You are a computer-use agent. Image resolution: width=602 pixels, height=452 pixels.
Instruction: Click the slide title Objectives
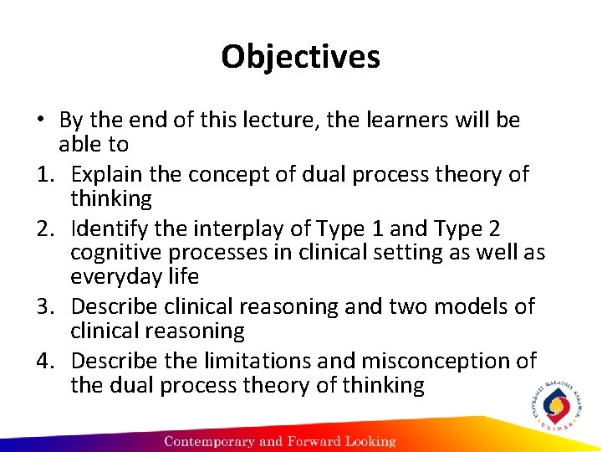(300, 57)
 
